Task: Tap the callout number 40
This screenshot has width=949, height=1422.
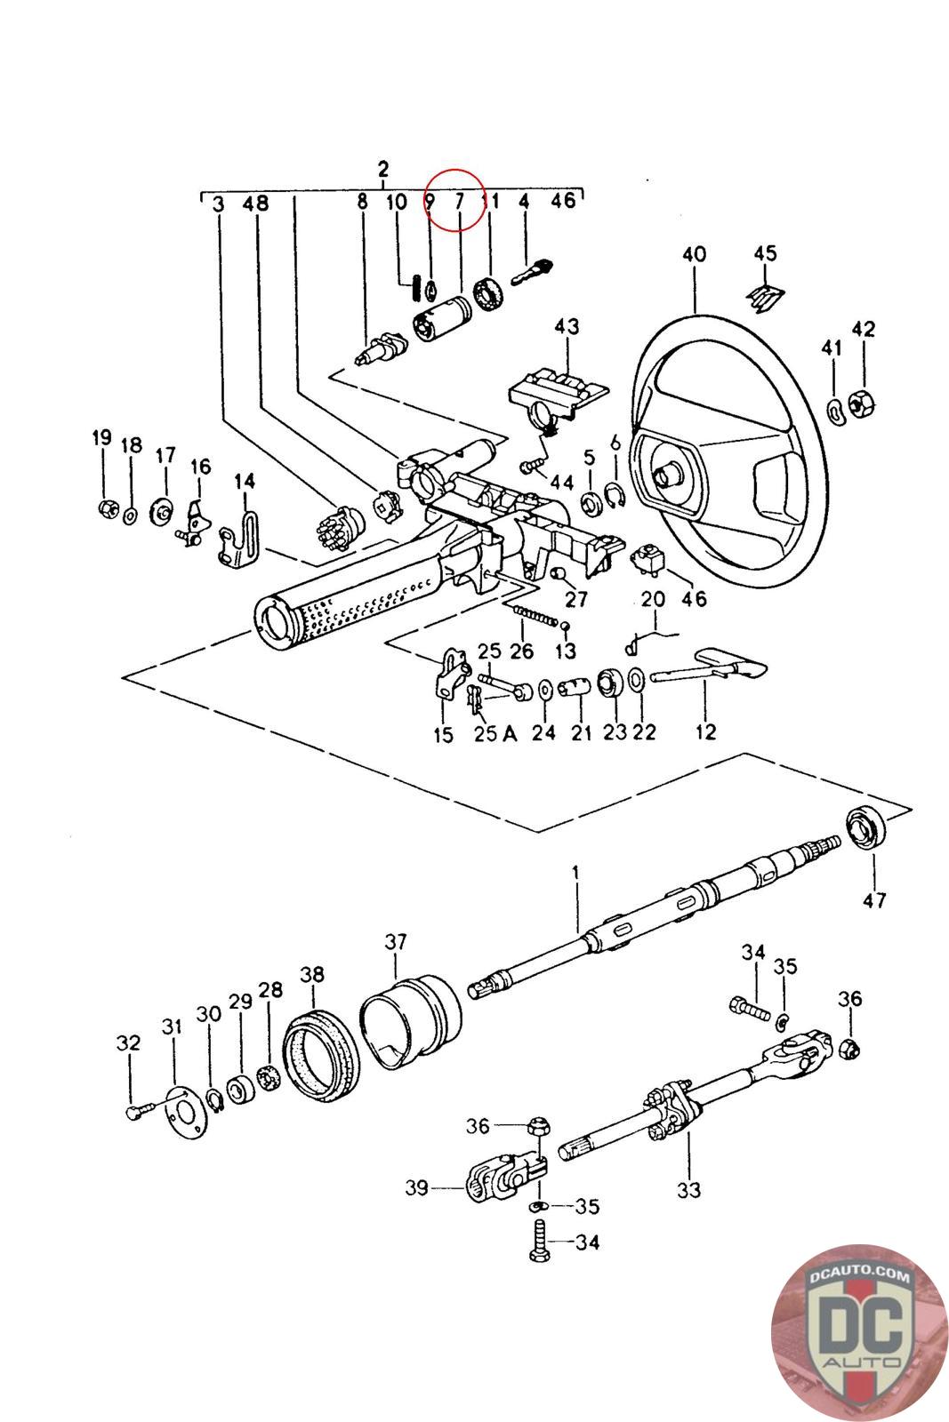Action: pos(694,254)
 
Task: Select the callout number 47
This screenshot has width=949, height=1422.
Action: pos(874,899)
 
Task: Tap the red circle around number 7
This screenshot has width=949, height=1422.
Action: pos(454,201)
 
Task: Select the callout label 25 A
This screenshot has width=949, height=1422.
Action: pos(495,733)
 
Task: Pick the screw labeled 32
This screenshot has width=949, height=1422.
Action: pos(140,1110)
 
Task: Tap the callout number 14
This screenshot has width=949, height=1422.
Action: pos(245,482)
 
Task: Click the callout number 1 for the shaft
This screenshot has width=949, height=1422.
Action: pos(575,872)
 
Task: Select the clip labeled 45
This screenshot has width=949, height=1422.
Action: pos(765,297)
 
